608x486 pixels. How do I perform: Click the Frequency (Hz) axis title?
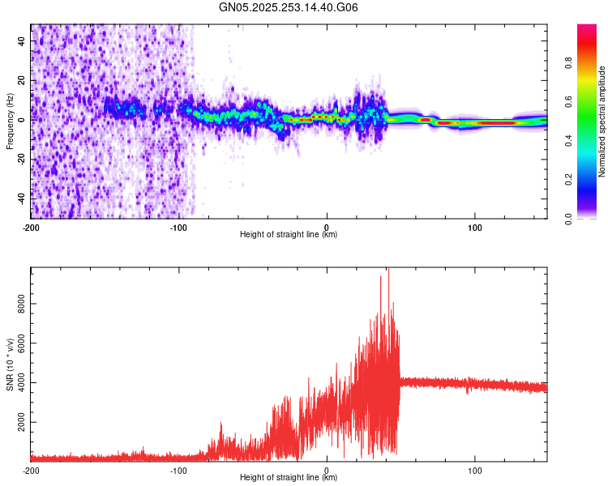(x=10, y=121)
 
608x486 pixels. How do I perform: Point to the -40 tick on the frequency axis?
(x=23, y=197)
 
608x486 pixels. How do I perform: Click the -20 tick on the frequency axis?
(x=23, y=158)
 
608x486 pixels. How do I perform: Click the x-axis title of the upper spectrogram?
(x=289, y=235)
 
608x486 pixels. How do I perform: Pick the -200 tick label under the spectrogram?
(x=31, y=226)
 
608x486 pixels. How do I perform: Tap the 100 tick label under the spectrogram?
(x=475, y=226)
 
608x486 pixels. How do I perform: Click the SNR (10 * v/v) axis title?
(x=10, y=364)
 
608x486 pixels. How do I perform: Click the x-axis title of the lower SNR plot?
(x=289, y=478)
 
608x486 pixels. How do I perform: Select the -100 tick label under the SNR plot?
(x=178, y=469)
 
